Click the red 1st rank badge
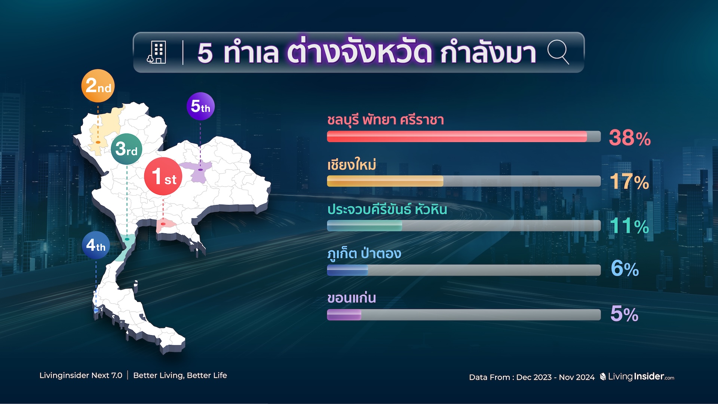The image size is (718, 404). point(163,176)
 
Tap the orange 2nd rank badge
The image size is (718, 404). point(98,86)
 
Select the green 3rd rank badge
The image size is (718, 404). point(126,149)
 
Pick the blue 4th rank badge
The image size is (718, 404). point(96,245)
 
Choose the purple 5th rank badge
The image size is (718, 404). point(200,106)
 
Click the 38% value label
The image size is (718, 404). point(630,138)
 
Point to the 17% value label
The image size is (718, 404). point(630,181)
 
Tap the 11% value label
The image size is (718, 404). point(630,226)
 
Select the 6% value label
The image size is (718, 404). point(625,269)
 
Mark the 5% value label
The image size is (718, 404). point(625,313)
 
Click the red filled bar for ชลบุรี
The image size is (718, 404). point(457,137)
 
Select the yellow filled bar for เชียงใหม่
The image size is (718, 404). point(385,181)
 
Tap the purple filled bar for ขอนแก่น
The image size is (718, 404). point(344,315)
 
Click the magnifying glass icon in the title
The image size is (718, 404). point(558,52)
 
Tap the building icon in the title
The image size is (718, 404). point(157,52)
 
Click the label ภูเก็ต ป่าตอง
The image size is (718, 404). point(364,253)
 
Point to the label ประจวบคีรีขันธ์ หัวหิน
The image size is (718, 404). point(387,209)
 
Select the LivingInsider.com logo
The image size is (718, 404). point(637,377)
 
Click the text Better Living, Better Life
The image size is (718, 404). point(180,375)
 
